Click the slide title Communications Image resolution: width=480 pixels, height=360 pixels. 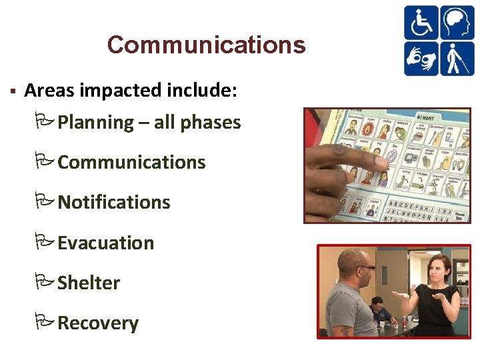click(206, 45)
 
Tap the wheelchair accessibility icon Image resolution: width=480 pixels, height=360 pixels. click(421, 23)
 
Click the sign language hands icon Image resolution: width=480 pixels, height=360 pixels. click(421, 59)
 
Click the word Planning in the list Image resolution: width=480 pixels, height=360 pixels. click(96, 123)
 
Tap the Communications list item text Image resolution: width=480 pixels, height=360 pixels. click(131, 163)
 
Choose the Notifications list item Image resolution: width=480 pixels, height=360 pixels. click(114, 203)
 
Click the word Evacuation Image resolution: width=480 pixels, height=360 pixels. click(106, 243)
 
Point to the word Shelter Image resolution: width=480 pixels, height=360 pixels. click(89, 283)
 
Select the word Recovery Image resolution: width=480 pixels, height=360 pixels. click(98, 323)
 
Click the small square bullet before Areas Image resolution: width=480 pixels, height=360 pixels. click(13, 90)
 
